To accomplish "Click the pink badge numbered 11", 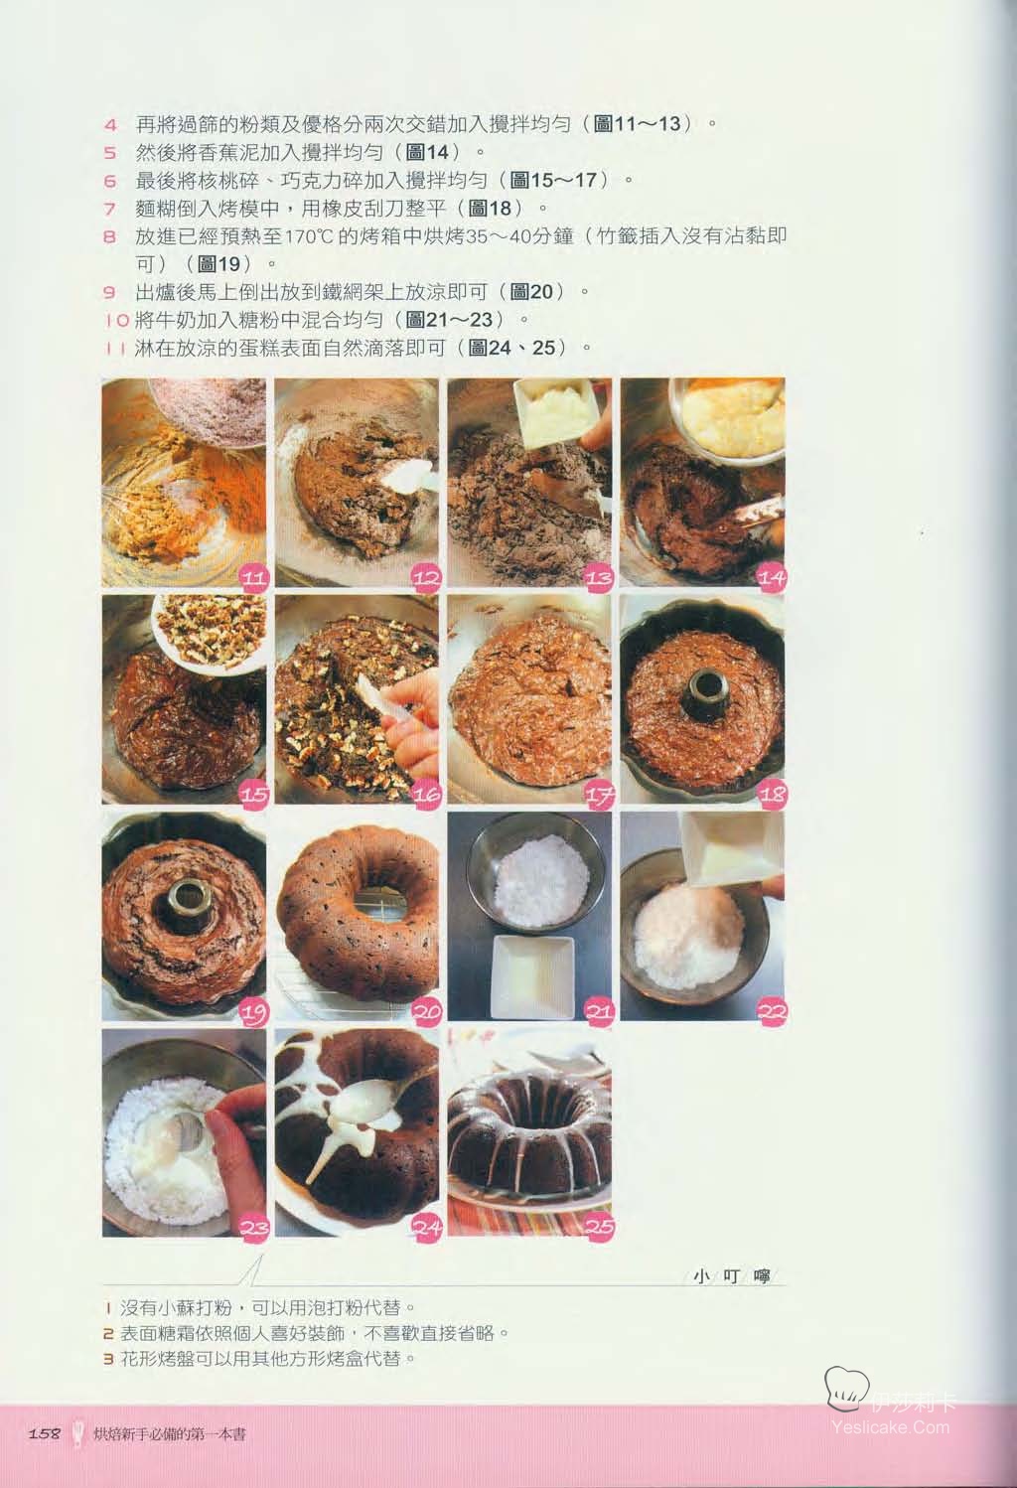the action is [253, 577].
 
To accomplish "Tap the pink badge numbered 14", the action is [772, 577].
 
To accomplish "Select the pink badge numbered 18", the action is [772, 794].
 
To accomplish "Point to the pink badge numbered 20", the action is [426, 1011].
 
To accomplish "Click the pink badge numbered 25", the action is [599, 1227].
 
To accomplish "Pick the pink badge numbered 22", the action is [772, 1011].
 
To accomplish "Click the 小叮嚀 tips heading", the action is [731, 1276].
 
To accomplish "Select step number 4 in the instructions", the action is [110, 125].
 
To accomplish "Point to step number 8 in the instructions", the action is [110, 236].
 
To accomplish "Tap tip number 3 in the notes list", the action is [109, 1358].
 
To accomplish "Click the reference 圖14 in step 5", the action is [427, 153].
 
